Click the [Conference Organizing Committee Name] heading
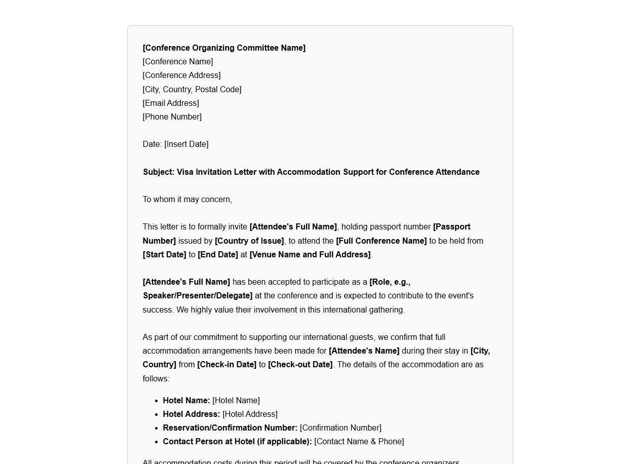pos(224,48)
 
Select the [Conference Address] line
pos(181,75)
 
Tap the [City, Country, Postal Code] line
pos(192,89)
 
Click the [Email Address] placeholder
pos(171,103)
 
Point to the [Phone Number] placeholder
pos(172,117)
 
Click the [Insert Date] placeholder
pos(186,144)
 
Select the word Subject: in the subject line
pos(159,172)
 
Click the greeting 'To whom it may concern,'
pos(187,199)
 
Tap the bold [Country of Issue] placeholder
pos(249,241)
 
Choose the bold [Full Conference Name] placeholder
pos(381,241)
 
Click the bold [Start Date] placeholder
pos(165,254)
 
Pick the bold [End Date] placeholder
pos(218,254)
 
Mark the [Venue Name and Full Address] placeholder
pos(310,254)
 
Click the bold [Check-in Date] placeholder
pos(227,364)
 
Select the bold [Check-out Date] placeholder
pos(300,364)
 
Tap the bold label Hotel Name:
pos(186,400)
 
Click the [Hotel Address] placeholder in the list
pos(250,414)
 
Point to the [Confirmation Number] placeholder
pos(341,428)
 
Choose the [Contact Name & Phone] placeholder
pos(359,441)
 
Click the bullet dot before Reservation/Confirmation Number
pos(156,428)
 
